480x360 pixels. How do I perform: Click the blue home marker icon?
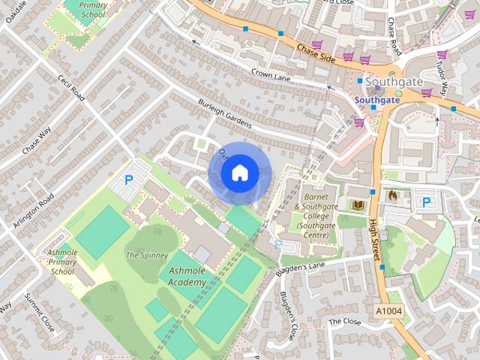pos(239,173)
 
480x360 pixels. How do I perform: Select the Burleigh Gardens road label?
pos(225,113)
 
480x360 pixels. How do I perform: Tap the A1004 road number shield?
pos(389,310)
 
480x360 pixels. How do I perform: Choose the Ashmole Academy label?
pos(187,276)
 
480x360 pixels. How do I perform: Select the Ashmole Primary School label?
pos(62,262)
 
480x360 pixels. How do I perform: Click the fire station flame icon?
pos(391,196)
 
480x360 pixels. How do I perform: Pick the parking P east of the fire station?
pos(427,202)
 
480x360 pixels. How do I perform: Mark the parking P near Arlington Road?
pos(128,180)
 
